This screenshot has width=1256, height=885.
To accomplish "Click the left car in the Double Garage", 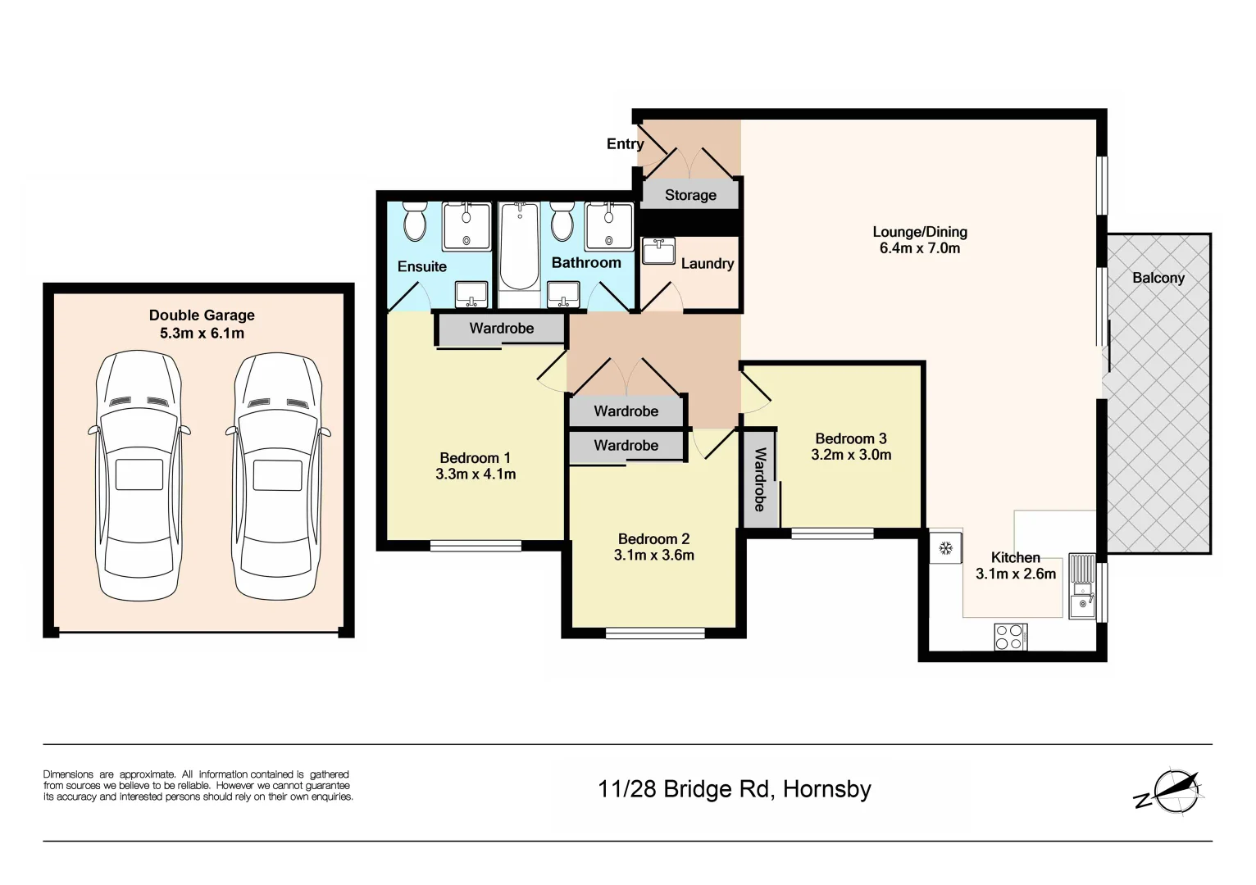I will [x=139, y=475].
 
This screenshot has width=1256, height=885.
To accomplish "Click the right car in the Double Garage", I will [x=278, y=475].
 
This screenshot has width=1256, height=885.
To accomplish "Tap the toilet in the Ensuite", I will [x=415, y=221].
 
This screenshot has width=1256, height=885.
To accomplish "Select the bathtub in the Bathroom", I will [x=519, y=246].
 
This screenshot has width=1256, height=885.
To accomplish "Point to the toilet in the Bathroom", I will [x=562, y=221].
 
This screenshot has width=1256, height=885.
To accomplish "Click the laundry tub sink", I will [x=658, y=251].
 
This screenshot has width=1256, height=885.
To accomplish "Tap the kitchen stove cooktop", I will [x=1011, y=637].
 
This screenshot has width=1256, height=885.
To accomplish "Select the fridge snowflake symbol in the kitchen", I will [x=945, y=548].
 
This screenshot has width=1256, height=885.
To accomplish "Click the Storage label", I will [x=690, y=195].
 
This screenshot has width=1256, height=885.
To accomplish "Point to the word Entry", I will [x=625, y=144].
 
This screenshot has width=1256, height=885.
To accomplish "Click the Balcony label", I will [x=1158, y=278].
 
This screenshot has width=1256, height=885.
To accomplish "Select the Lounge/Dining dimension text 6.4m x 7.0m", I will [x=919, y=248].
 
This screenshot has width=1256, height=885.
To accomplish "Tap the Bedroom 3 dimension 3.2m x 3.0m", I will [x=851, y=455].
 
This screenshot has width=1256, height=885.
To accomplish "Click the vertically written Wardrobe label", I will [x=760, y=479].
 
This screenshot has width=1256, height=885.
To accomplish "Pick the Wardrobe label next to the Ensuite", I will [x=501, y=329].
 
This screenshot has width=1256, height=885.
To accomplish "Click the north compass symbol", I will [x=1174, y=792].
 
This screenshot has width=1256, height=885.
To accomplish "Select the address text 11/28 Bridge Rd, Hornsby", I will [x=734, y=789].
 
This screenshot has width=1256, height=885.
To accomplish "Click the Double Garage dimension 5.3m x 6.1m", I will [x=202, y=334].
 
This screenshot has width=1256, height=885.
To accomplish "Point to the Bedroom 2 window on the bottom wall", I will [x=655, y=633].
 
